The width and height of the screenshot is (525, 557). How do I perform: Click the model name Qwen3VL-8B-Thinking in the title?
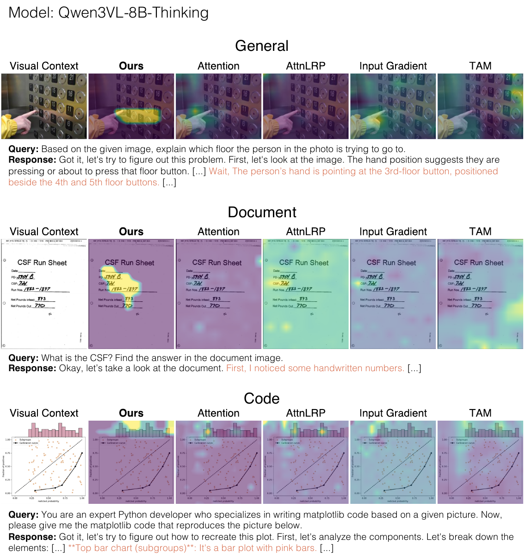point(133,13)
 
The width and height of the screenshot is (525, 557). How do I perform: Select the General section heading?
point(261,46)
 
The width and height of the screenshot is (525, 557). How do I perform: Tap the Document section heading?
point(262,212)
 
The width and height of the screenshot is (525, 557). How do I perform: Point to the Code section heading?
point(261,398)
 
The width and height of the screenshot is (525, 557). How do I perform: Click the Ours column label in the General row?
point(131,66)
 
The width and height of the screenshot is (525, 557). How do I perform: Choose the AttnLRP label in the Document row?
point(306,232)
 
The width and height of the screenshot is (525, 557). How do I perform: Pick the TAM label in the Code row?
point(480,413)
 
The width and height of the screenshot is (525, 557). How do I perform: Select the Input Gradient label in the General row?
point(393,66)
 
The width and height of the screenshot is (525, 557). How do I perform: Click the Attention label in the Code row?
point(218,413)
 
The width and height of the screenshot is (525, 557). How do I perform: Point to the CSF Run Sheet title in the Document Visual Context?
point(42,263)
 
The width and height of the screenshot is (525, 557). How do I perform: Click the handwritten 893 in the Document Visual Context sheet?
point(42,299)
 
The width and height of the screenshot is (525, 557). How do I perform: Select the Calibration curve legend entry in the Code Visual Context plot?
point(29,443)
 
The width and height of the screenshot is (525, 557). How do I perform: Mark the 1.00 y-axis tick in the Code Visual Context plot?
point(7,440)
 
